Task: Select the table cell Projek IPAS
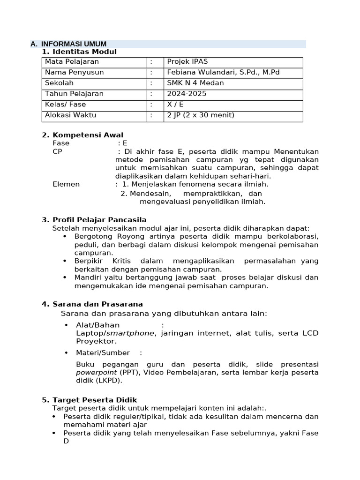(187, 62)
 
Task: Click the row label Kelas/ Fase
(66, 105)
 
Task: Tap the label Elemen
(66, 184)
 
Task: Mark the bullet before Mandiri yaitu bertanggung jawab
(65, 277)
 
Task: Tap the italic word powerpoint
(97, 373)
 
